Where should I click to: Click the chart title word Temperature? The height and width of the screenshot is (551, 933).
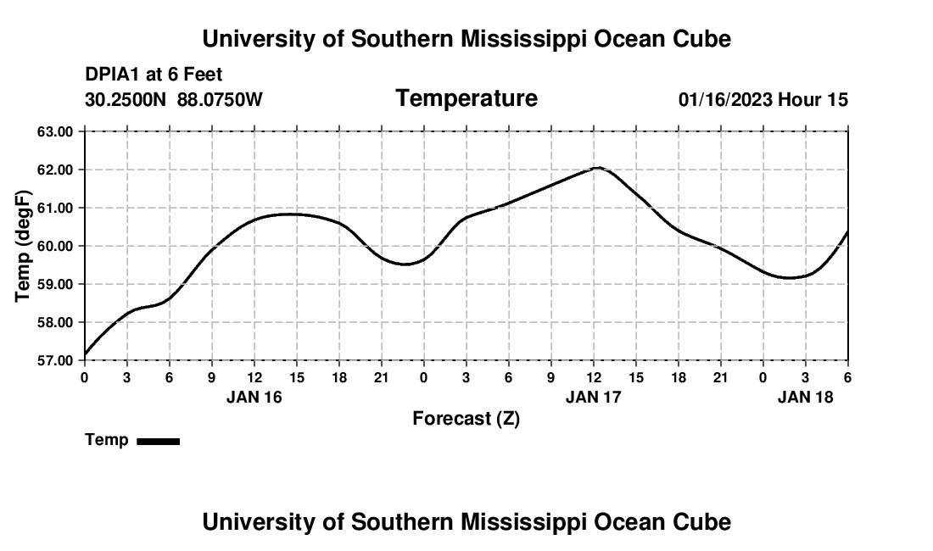click(x=466, y=98)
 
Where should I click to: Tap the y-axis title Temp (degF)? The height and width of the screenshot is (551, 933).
click(x=25, y=246)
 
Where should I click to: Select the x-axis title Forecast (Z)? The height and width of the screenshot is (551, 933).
click(x=466, y=418)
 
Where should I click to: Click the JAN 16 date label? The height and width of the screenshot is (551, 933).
click(x=254, y=397)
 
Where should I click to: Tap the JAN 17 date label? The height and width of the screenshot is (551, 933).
click(x=594, y=397)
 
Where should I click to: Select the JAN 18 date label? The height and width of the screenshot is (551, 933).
click(x=806, y=397)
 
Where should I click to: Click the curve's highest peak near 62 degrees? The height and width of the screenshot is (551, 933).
click(x=597, y=168)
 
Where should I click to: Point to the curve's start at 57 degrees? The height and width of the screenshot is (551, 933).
click(x=85, y=355)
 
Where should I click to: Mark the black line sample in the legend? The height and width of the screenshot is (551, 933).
click(x=159, y=441)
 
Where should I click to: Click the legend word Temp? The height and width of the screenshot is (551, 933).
click(x=107, y=440)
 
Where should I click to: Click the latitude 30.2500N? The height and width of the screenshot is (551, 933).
click(x=127, y=100)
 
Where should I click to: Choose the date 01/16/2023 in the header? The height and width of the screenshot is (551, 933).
click(x=725, y=100)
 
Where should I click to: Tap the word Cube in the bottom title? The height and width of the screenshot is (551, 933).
click(x=703, y=521)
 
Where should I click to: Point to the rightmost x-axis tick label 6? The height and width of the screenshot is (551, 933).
click(x=847, y=376)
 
